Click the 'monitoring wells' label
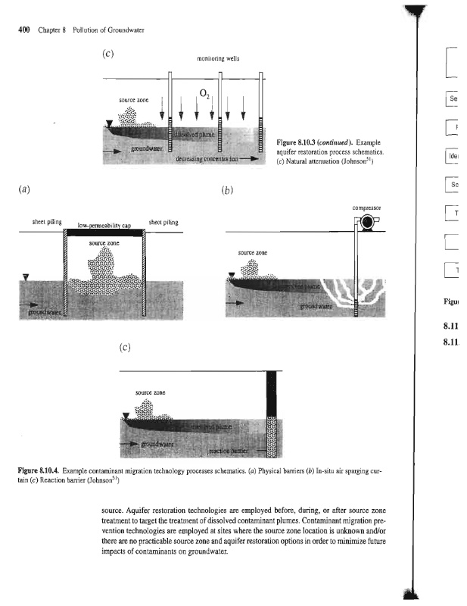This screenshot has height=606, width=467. pos(216,58)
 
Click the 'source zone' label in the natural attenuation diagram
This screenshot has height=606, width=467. pos(132,101)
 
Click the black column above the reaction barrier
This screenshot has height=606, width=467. pos(270,394)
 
